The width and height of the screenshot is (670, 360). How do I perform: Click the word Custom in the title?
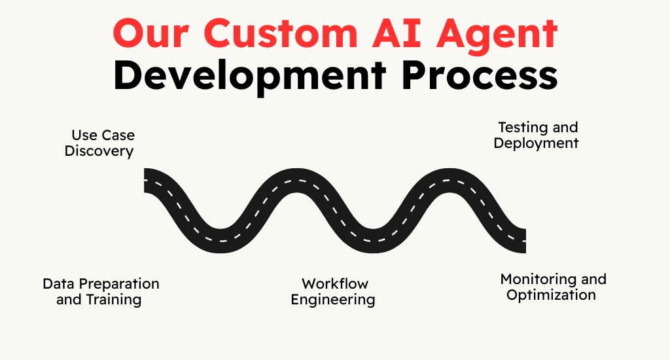click(280, 33)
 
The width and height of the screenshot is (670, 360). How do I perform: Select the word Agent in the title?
click(497, 37)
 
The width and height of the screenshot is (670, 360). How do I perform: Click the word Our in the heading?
click(151, 33)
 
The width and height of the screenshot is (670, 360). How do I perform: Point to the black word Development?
click(249, 77)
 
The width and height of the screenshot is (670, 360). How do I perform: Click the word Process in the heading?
click(480, 76)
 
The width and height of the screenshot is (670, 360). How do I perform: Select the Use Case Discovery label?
click(99, 143)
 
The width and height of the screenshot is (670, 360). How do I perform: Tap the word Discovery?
click(99, 151)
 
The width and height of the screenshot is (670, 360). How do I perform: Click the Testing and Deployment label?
click(537, 135)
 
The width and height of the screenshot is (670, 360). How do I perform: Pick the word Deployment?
click(537, 143)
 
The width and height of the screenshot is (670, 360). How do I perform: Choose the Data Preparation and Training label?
click(101, 291)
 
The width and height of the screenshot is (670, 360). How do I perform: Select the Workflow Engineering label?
click(333, 291)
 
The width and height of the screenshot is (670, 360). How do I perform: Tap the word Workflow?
click(335, 284)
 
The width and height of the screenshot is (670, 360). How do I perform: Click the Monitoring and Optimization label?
click(554, 287)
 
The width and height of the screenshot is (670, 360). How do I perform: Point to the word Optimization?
click(551, 295)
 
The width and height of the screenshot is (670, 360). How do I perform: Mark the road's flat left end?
click(145, 181)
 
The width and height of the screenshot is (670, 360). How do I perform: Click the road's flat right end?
click(525, 241)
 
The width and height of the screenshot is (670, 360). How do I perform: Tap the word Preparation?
click(119, 284)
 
